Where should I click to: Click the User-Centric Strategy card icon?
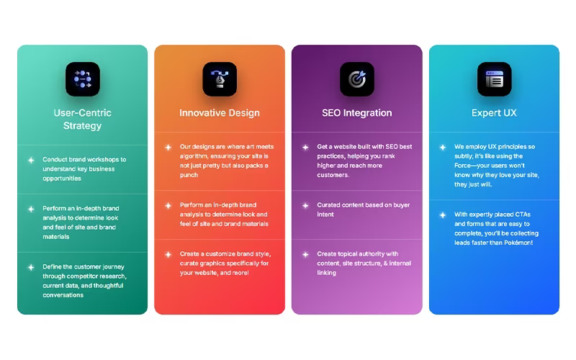pos(83,79)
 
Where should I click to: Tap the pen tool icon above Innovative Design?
pos(220,79)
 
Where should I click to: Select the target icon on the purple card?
pos(357,79)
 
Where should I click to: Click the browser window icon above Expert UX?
pos(495,79)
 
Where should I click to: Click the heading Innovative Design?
pos(220,113)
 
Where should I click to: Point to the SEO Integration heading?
pos(357,113)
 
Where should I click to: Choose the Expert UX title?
pos(494,113)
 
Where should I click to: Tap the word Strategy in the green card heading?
pos(82,126)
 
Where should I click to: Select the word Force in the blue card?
pos(463,166)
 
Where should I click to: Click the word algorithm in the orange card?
pos(194,156)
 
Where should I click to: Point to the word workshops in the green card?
pos(99,159)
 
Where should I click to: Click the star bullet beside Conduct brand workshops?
pos(31,160)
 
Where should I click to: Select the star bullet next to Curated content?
pos(305,205)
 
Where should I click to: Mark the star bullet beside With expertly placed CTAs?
pos(443,215)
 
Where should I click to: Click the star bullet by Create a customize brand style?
pos(168,254)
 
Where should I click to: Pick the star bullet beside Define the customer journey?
pos(31,267)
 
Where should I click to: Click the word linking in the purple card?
pos(326,273)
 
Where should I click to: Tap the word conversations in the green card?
pos(63,295)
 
